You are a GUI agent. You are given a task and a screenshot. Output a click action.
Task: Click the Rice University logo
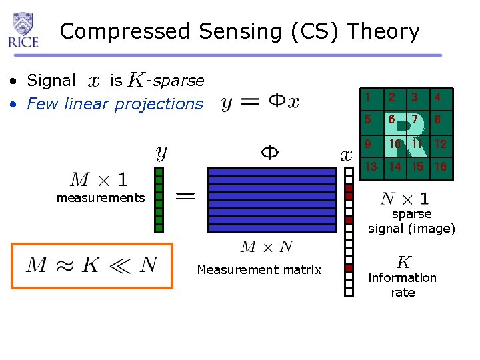[x=23, y=30]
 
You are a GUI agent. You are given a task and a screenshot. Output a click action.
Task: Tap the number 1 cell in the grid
[x=368, y=98]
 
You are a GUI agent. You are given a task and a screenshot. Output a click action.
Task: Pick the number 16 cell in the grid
[x=440, y=166]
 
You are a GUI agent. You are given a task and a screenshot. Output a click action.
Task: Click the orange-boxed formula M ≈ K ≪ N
[x=92, y=265]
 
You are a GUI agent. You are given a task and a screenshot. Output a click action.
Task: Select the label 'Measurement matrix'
[x=259, y=270]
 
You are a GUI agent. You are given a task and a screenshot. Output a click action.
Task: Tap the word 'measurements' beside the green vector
[x=101, y=197]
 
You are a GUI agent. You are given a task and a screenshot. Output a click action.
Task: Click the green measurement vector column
[x=159, y=200]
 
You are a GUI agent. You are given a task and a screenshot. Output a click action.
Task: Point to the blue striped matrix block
[x=272, y=200]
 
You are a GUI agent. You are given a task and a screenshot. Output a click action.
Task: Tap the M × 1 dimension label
[x=99, y=179]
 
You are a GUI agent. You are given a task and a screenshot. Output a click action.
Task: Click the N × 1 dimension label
[x=405, y=198]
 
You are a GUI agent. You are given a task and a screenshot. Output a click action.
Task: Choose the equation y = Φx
[x=261, y=102]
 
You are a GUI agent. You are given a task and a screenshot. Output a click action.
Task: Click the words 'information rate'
[x=403, y=285]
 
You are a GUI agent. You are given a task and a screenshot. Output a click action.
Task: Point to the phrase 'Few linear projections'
[x=115, y=104]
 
